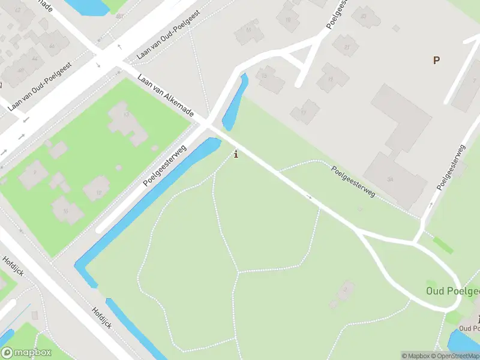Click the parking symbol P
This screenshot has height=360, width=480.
click(x=436, y=60)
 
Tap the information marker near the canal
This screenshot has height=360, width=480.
click(x=236, y=154)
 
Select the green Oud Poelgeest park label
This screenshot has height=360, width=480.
click(x=454, y=291)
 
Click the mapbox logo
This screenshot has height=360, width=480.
click(x=25, y=352)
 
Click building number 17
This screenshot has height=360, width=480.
click(x=305, y=112)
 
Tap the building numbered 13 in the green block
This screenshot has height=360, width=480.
click(x=127, y=122)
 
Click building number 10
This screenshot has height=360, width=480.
click(x=66, y=210)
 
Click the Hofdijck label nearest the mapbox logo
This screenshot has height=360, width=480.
click(x=101, y=317)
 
